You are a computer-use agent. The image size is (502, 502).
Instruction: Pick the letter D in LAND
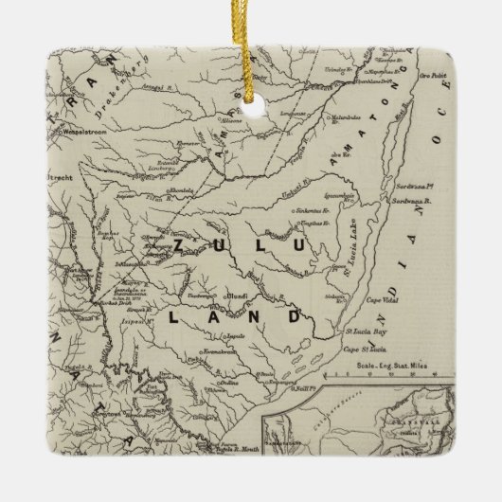tap(295, 316)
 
